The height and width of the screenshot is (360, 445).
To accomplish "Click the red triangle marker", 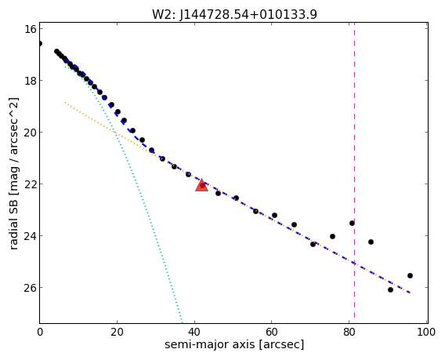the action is click(x=202, y=185).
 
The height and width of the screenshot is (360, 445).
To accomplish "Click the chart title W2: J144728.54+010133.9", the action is click(x=234, y=14).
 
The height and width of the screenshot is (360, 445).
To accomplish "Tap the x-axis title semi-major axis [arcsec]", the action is click(x=234, y=344).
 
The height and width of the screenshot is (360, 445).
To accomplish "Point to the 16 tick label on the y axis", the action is click(x=30, y=29).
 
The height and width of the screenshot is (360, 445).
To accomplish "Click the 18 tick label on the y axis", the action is click(x=30, y=81).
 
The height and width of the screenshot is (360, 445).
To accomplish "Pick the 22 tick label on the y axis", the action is click(x=30, y=184).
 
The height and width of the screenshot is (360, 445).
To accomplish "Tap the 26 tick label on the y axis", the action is click(x=30, y=288).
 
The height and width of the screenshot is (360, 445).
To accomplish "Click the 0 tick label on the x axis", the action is click(x=40, y=332).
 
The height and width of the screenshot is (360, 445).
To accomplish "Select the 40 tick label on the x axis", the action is click(x=194, y=332).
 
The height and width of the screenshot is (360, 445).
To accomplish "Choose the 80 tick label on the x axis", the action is click(x=349, y=332).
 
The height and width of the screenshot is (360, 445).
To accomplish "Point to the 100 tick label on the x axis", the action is click(x=426, y=332).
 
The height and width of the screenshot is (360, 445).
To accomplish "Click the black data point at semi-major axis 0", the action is click(x=40, y=43).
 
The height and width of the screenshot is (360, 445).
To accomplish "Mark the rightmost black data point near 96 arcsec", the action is click(x=410, y=275).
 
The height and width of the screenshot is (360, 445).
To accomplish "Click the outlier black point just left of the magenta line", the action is click(x=352, y=223).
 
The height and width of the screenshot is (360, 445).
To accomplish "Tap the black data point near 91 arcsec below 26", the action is click(x=390, y=290).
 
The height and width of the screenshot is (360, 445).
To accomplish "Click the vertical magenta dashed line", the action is click(x=354, y=170).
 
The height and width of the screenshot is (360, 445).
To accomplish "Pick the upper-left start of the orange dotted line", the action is click(x=65, y=102).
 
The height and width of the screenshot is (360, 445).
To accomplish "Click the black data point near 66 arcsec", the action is click(x=294, y=225).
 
